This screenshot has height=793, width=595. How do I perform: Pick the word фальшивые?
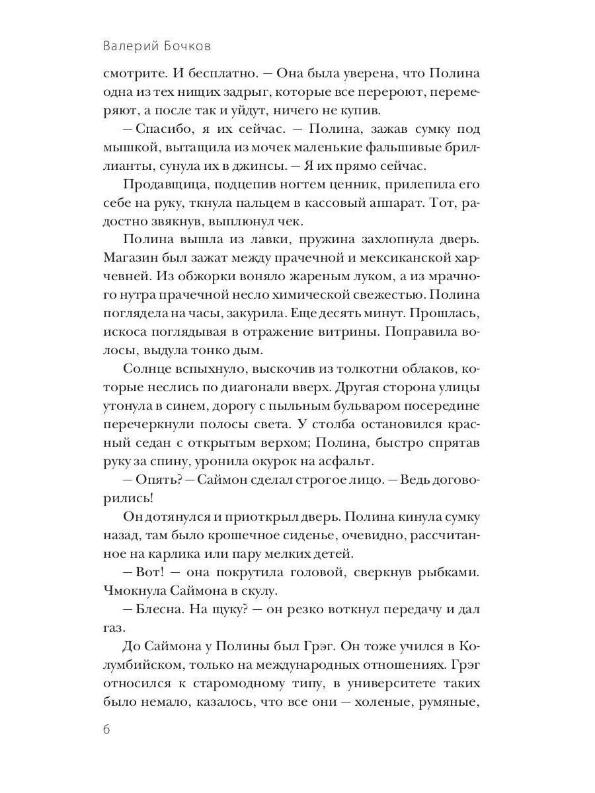[394, 147]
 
